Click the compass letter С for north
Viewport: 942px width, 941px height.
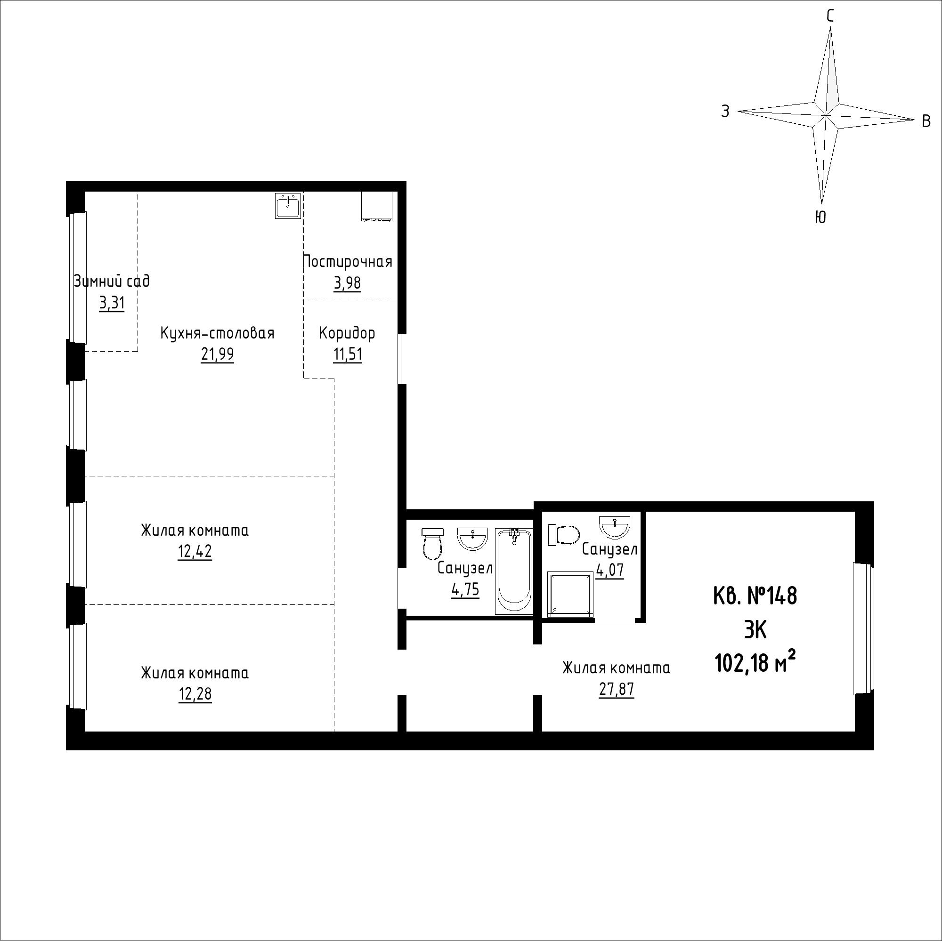coord(830,16)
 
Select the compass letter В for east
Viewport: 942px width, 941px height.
coord(926,121)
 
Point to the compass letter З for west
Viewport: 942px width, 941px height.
coord(725,112)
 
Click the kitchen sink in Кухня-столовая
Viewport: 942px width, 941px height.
coord(288,205)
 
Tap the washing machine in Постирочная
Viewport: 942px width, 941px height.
coord(376,207)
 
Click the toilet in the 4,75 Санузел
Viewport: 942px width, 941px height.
coord(432,543)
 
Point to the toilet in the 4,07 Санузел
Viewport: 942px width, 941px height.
coord(563,535)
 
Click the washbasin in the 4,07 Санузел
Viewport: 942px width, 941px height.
coord(615,526)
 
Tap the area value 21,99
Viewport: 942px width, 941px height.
coord(218,354)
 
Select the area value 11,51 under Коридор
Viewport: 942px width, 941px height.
coord(348,354)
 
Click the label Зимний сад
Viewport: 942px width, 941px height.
coord(112,281)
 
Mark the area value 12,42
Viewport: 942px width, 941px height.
coord(195,552)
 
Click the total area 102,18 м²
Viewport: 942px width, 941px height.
coord(755,663)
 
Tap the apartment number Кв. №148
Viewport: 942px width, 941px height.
coord(755,596)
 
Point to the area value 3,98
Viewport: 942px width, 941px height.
coord(347,282)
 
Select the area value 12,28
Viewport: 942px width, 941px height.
coord(195,694)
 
